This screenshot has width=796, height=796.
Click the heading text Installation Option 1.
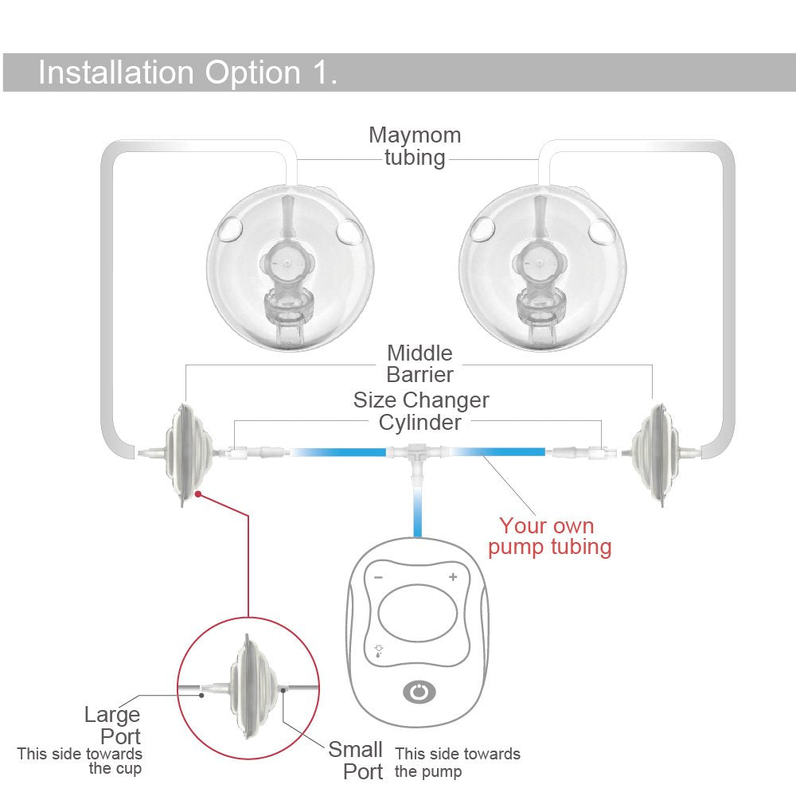(188, 72)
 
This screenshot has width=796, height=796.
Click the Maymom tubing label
(415, 146)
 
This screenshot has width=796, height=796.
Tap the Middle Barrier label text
(419, 364)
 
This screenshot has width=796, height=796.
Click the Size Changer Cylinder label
(420, 411)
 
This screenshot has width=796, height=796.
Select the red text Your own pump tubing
(549, 537)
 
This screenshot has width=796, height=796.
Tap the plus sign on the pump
(453, 576)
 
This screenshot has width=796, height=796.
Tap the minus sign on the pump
(378, 576)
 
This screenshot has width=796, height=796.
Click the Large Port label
(112, 725)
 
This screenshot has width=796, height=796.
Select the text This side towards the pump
(457, 762)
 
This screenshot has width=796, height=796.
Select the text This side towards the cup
(80, 761)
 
